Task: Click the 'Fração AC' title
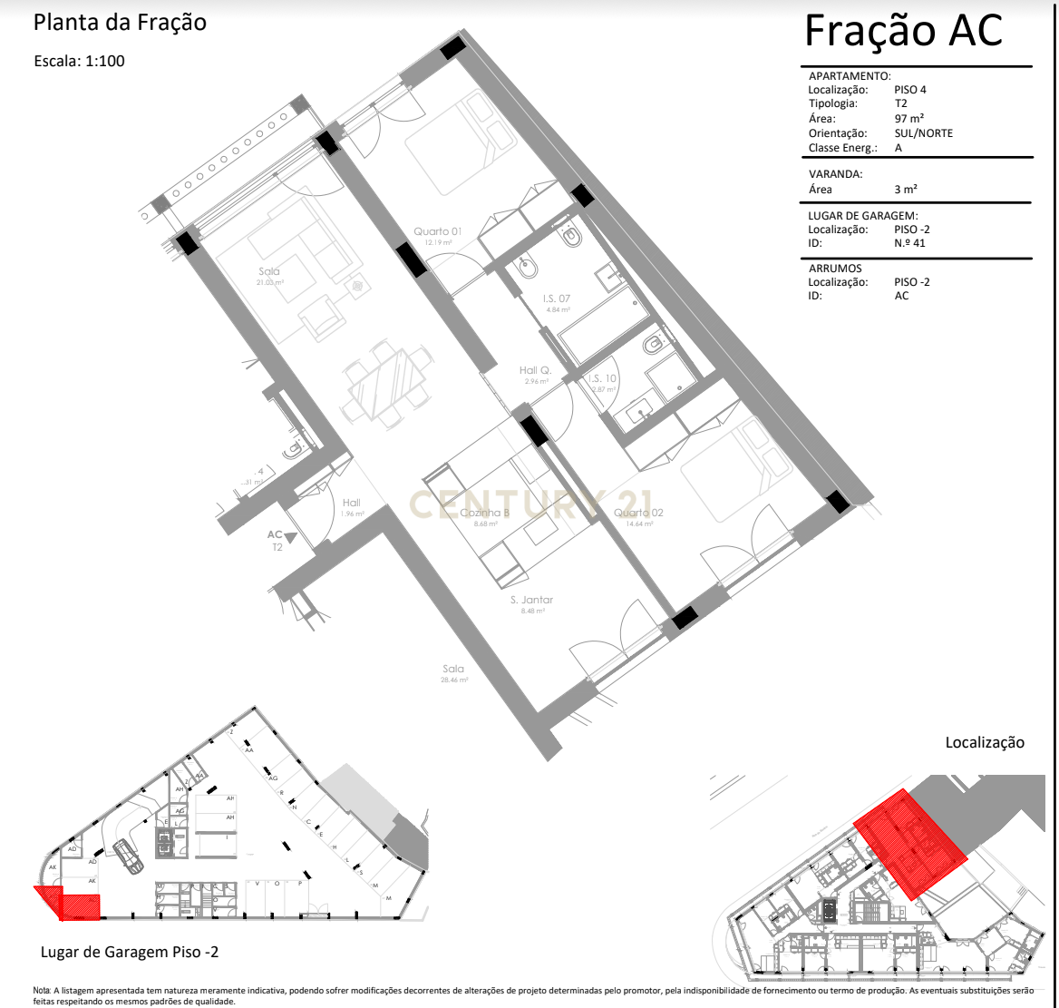903,31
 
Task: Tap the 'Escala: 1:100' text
79,62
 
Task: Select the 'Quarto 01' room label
438,231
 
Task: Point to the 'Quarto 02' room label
638,513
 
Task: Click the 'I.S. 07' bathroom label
557,298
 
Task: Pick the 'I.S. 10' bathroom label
603,378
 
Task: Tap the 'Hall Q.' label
536,370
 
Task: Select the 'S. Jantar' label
531,600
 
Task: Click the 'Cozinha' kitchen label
484,513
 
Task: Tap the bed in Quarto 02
736,472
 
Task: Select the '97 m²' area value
908,118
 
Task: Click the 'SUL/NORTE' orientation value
923,132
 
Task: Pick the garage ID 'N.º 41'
909,242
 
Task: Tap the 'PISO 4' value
910,90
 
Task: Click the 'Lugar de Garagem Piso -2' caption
130,952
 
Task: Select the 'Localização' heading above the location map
985,742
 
